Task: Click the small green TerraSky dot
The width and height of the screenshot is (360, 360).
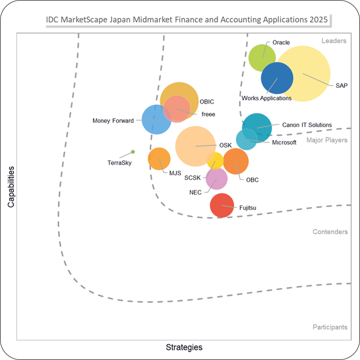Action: click(x=133, y=152)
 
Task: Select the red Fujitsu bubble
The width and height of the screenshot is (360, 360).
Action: click(x=222, y=205)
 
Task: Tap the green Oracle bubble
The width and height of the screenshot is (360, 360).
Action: click(x=262, y=58)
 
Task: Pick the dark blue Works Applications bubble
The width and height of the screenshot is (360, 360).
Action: click(x=277, y=78)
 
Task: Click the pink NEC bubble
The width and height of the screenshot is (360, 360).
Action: click(x=217, y=179)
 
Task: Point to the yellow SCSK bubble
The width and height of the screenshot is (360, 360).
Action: click(x=215, y=161)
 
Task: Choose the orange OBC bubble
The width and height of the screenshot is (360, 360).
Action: click(x=236, y=161)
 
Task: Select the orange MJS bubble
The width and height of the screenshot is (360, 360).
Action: click(x=159, y=158)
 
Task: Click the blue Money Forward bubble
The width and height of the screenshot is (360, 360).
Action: click(x=156, y=119)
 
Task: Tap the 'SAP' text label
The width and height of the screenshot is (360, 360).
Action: click(x=342, y=86)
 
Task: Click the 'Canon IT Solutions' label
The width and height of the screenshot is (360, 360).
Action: click(x=307, y=125)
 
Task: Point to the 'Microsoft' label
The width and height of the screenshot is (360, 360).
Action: click(x=284, y=142)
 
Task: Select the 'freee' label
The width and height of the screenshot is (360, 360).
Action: click(x=208, y=114)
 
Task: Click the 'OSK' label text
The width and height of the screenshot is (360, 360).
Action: click(x=226, y=146)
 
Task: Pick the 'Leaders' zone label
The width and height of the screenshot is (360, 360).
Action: click(x=334, y=41)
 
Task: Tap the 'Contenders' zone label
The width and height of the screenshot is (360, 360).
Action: click(x=330, y=232)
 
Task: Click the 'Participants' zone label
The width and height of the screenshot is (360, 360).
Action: click(x=330, y=327)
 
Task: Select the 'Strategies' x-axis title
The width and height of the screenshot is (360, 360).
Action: click(x=184, y=347)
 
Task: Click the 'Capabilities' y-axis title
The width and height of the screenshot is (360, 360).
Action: click(x=11, y=187)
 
